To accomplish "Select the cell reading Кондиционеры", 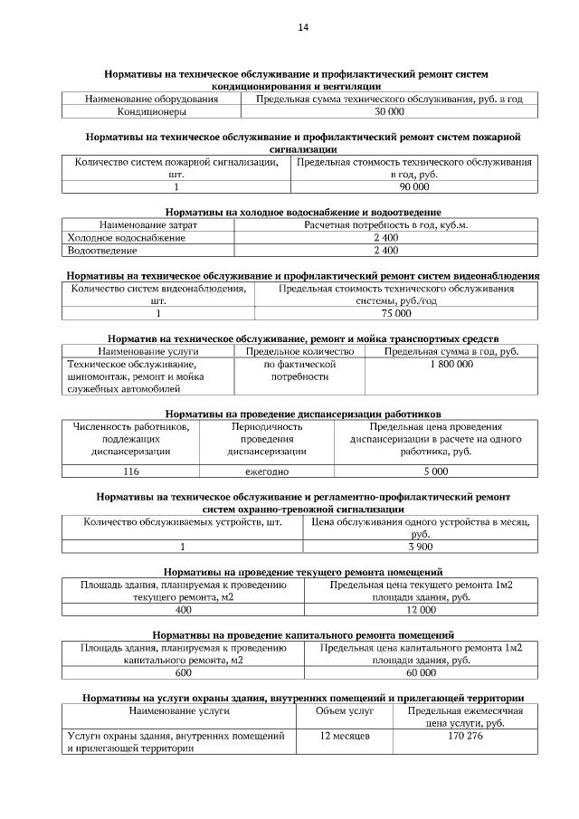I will [151, 112].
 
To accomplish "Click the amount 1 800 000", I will [451, 363].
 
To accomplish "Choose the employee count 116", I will [130, 471].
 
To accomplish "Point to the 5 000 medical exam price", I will [435, 471].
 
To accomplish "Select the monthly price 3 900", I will [420, 547].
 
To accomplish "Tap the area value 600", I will [183, 673].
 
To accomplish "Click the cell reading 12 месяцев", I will [345, 737].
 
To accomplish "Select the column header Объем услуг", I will [345, 711].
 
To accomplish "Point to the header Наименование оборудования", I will [151, 98].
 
